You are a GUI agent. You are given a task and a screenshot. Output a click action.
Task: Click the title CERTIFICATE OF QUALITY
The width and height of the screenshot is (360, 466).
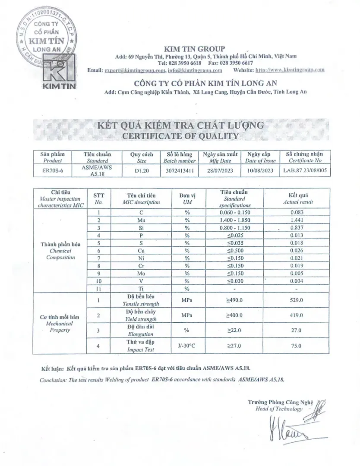[x=180, y=136]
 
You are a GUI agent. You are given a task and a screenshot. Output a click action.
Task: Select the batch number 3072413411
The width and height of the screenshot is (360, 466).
[x=180, y=170]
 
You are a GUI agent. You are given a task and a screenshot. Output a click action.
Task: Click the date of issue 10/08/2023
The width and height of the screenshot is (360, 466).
[x=260, y=170]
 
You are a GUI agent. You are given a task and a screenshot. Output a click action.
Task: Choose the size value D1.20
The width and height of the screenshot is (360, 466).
[x=141, y=170]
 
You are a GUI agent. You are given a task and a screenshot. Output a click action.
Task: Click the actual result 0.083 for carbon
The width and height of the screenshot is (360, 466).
[x=298, y=212]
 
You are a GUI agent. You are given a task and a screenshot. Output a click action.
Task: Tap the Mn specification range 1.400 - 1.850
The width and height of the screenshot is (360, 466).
[x=235, y=220]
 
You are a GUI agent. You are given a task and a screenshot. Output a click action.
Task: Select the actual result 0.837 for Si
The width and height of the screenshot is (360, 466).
[x=298, y=228]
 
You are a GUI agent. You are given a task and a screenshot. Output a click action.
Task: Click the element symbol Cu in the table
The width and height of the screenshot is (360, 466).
[x=141, y=251]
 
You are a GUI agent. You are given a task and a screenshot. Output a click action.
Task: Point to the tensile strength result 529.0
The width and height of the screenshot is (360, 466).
[x=298, y=300]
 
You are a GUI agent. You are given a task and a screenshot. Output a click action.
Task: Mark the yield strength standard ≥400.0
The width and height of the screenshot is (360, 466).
[x=235, y=315]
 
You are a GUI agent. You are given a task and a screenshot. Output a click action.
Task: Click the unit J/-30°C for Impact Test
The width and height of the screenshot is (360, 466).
[x=187, y=346]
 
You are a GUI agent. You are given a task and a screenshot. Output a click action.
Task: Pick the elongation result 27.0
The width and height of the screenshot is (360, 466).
[x=298, y=331]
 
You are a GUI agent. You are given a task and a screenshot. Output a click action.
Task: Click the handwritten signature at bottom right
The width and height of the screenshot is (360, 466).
[x=294, y=427]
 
